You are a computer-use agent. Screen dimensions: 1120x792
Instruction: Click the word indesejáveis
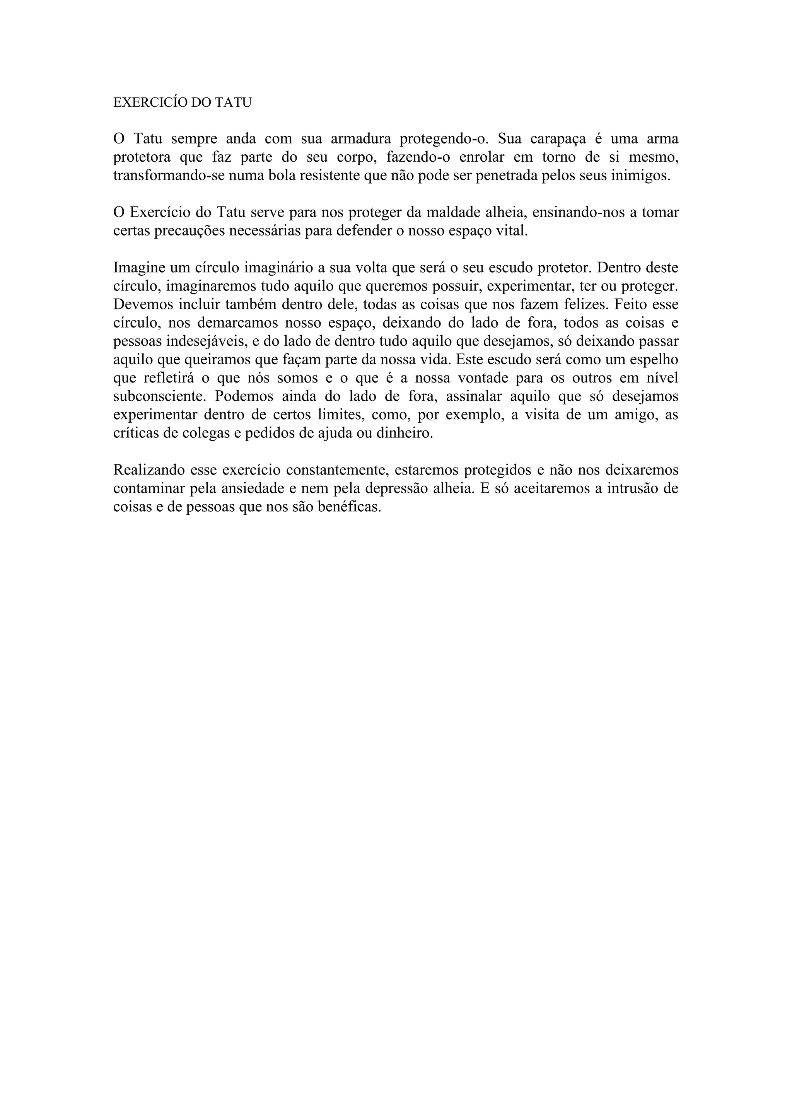click(179, 341)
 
